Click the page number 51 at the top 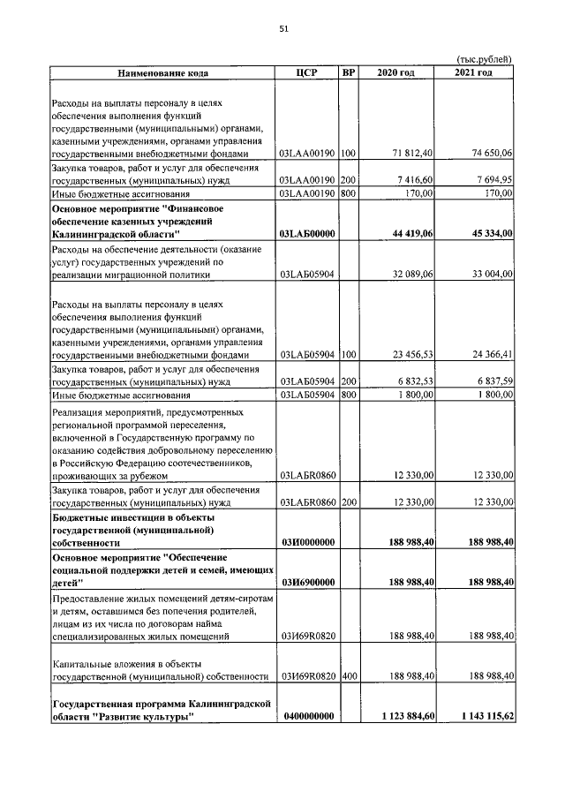click(283, 28)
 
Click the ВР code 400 click(349, 676)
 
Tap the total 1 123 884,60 click(403, 717)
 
